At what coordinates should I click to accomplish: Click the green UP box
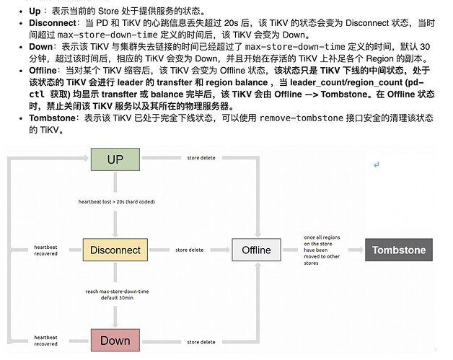point(115,159)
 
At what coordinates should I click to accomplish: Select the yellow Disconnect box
point(115,250)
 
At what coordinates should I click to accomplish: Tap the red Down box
point(115,341)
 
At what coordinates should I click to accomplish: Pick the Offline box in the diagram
point(256,250)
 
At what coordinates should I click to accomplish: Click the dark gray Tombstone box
point(399,250)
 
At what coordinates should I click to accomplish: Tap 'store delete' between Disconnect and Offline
point(190,250)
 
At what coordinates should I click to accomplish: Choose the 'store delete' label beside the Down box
point(201,341)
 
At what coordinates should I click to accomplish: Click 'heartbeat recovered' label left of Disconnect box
point(45,250)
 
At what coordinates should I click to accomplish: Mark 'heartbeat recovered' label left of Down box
point(45,341)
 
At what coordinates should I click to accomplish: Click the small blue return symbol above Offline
point(376,165)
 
